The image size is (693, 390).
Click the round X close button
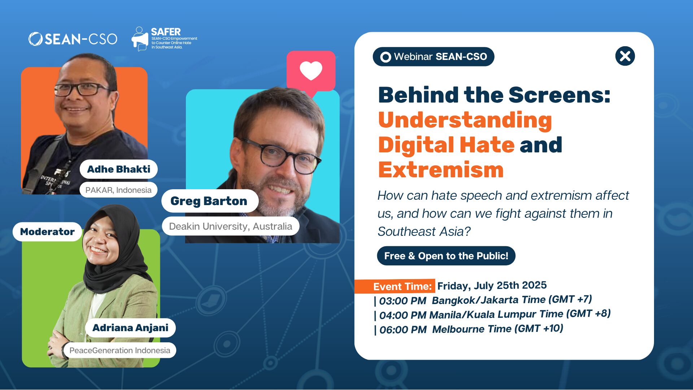(x=625, y=56)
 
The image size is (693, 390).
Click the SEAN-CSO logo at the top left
(x=73, y=39)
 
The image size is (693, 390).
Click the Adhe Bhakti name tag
(x=118, y=169)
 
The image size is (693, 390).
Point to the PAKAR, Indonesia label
(x=118, y=190)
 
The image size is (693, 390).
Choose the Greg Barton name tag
(x=209, y=201)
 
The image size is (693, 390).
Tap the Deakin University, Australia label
(x=230, y=226)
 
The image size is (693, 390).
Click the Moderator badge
(x=47, y=231)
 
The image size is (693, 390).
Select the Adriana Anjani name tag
(x=130, y=328)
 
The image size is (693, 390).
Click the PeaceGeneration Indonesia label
(x=119, y=350)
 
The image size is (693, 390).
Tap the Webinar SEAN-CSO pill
(x=433, y=57)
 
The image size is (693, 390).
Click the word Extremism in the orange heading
(x=441, y=170)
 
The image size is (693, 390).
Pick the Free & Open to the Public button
(x=446, y=256)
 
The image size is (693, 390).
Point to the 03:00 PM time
(x=402, y=301)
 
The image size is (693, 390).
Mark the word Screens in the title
(x=559, y=95)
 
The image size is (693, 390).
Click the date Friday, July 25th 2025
(x=492, y=286)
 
